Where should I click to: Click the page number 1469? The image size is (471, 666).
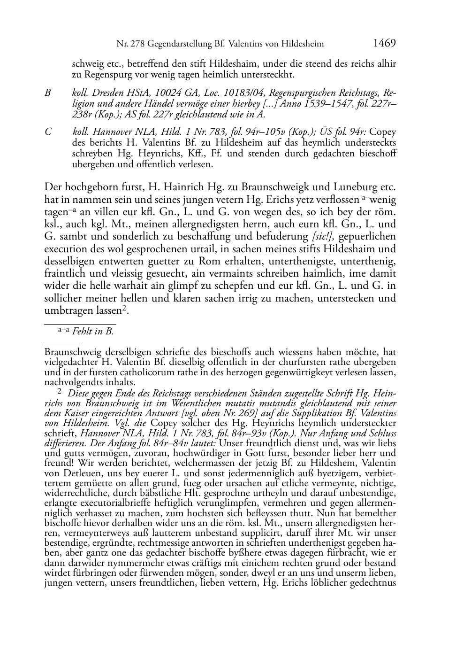coord(385,43)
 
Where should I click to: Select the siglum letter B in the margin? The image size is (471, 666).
coord(47,93)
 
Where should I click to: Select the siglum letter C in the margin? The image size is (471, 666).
coord(47,132)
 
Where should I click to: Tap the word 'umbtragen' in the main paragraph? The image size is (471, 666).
coord(65,310)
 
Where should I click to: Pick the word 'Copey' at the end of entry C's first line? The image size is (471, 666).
coord(384,132)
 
